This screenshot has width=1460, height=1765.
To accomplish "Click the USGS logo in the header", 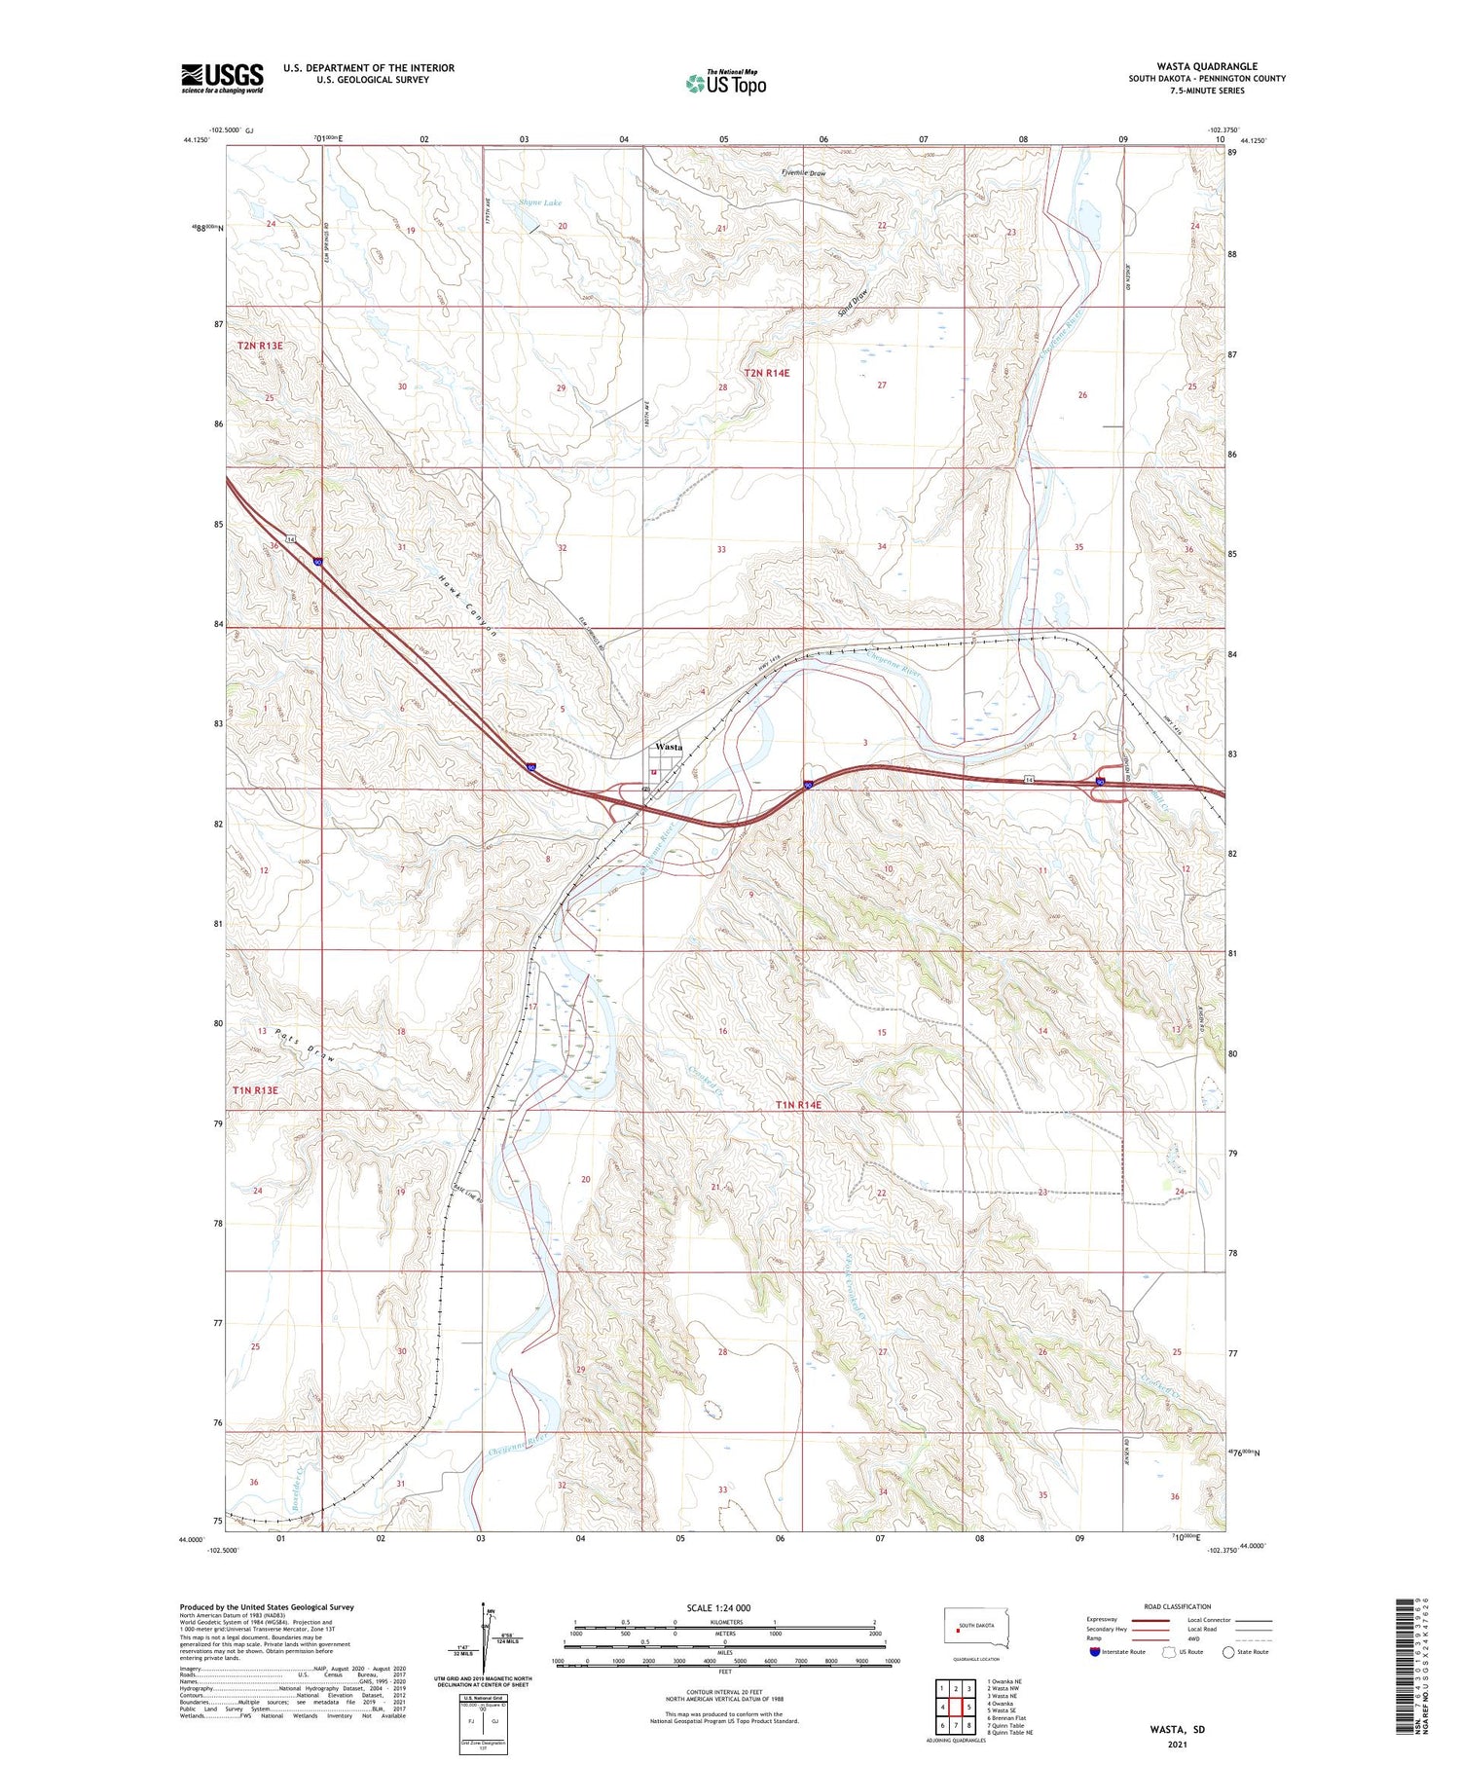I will (x=222, y=78).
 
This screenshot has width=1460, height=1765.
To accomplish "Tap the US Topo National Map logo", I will (x=726, y=84).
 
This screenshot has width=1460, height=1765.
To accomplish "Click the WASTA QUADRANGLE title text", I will (x=1206, y=66).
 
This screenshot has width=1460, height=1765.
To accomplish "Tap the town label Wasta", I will (x=669, y=747).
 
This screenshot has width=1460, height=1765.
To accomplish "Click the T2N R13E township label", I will (x=260, y=346).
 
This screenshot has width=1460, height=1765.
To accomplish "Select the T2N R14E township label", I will (x=767, y=373).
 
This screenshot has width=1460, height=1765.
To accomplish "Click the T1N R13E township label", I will (x=256, y=1090).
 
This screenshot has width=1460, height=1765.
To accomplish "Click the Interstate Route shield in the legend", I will (x=1095, y=1652).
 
